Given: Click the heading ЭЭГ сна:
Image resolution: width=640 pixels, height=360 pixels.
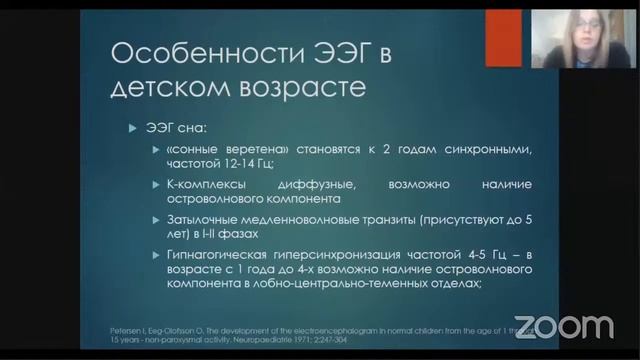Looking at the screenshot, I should pos(175,127).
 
